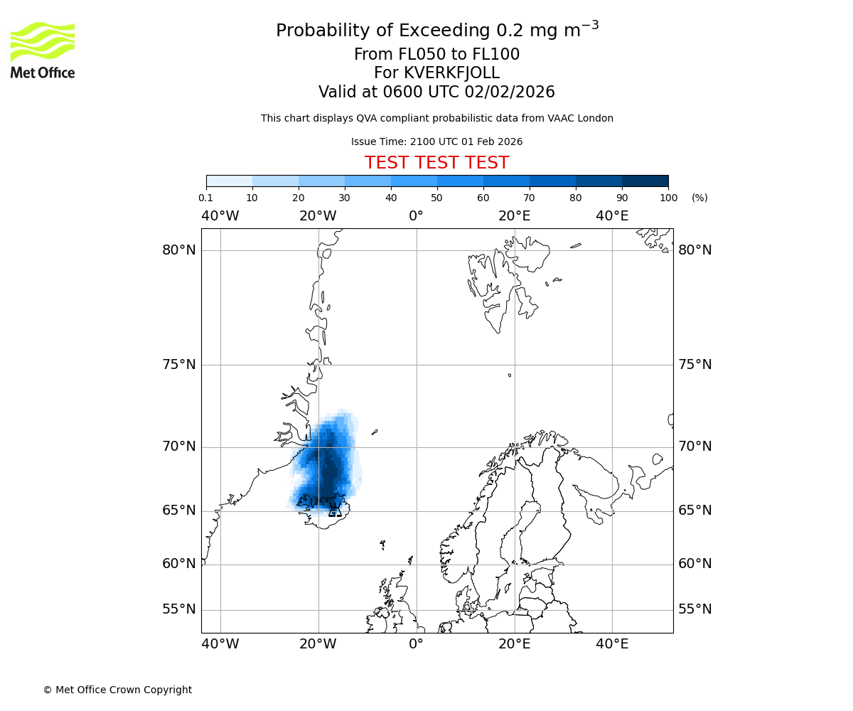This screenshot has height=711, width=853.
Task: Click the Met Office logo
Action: (43, 50)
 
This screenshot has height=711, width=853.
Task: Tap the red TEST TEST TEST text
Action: (436, 163)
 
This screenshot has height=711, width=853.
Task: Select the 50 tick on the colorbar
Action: (437, 198)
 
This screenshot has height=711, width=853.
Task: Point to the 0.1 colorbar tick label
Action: (205, 198)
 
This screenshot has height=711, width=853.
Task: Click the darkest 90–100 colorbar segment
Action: (645, 181)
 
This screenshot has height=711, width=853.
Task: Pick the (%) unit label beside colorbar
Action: (699, 198)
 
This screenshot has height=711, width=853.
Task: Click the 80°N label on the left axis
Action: (178, 250)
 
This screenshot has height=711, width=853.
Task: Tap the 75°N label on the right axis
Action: (694, 365)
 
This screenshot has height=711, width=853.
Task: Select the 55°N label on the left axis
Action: (178, 609)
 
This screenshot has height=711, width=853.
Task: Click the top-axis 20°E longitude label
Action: (514, 216)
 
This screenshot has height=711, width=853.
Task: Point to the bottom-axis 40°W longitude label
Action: (220, 644)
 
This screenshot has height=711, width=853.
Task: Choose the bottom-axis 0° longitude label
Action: (416, 644)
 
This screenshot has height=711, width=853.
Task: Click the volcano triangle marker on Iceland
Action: (335, 510)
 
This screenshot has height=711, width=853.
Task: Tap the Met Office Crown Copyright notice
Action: (117, 690)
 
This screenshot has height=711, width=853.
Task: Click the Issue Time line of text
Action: (436, 142)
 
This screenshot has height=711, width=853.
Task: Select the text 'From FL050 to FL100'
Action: (436, 55)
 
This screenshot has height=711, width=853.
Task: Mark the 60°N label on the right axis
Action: (694, 564)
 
